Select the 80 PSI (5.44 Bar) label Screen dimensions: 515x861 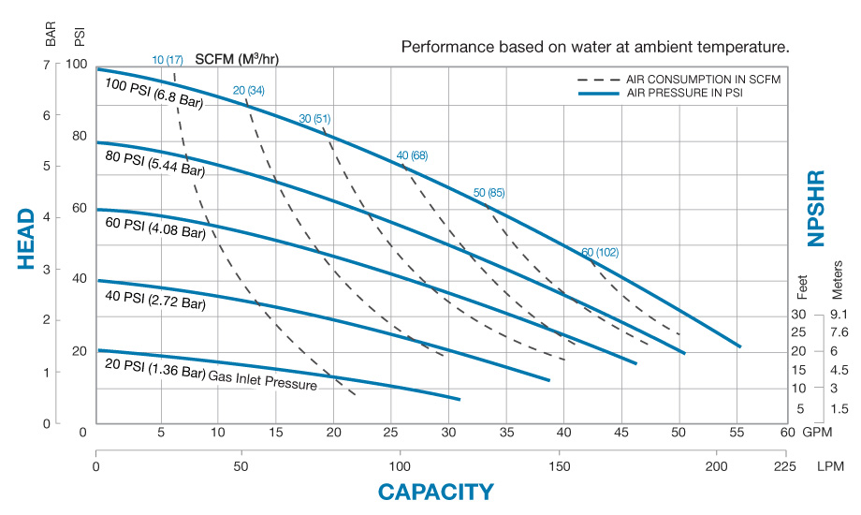[x=152, y=170]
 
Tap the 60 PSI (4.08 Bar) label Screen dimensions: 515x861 [x=152, y=230]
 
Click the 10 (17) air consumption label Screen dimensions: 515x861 [x=168, y=59]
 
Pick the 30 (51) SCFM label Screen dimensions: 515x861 [x=316, y=119]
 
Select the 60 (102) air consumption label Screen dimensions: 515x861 [x=600, y=252]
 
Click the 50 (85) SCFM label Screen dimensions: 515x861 [x=489, y=193]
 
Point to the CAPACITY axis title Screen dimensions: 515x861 [x=435, y=492]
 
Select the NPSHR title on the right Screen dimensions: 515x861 [x=815, y=208]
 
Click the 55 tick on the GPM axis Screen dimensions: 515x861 [x=737, y=432]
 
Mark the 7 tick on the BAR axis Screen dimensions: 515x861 [x=47, y=65]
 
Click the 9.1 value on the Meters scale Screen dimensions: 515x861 [x=838, y=315]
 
